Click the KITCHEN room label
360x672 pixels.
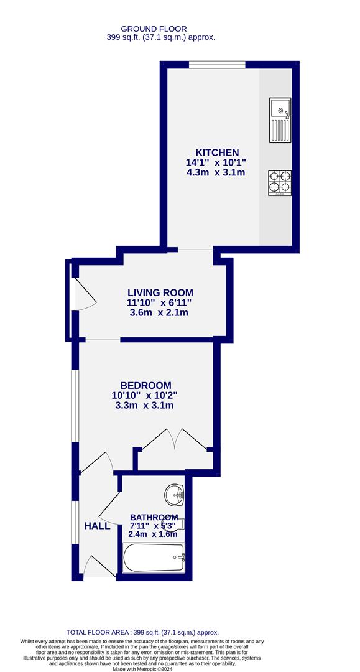tap(217, 152)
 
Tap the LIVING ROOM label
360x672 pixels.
tap(160, 292)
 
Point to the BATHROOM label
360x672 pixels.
tap(154, 517)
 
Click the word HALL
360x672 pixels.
tap(97, 526)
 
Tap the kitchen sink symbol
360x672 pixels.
tap(280, 119)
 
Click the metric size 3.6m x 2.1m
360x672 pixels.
tap(159, 312)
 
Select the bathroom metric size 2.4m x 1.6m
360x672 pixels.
tap(152, 534)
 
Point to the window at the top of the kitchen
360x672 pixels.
tap(217, 64)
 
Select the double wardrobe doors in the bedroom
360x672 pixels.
tap(176, 438)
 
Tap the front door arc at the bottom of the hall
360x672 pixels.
tap(93, 566)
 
